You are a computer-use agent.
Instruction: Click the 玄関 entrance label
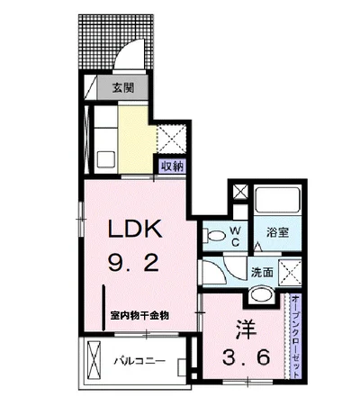[x=123, y=88]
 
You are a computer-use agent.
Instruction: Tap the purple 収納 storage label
[x=172, y=166]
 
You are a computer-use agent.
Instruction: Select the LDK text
[x=135, y=229]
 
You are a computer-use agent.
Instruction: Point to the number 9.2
[x=133, y=263]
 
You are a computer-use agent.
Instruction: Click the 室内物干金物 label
[x=139, y=316]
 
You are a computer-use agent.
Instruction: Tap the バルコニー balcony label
[x=139, y=361]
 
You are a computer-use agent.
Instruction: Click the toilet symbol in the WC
[x=214, y=235]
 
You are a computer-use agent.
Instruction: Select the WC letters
[x=236, y=236]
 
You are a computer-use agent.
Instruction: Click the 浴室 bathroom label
[x=278, y=232]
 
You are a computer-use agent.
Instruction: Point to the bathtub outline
[x=277, y=199]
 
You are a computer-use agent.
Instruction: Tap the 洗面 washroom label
[x=262, y=272]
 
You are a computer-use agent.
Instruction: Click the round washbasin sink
[x=261, y=294]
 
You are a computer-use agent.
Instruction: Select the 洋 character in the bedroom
[x=246, y=329]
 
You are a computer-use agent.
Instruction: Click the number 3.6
[x=247, y=357]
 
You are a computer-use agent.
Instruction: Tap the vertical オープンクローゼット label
[x=295, y=337]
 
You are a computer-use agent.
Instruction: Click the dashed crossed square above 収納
[x=172, y=139]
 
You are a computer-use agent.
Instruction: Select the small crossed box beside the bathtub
[x=240, y=192]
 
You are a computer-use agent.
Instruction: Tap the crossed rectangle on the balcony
[x=94, y=360]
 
